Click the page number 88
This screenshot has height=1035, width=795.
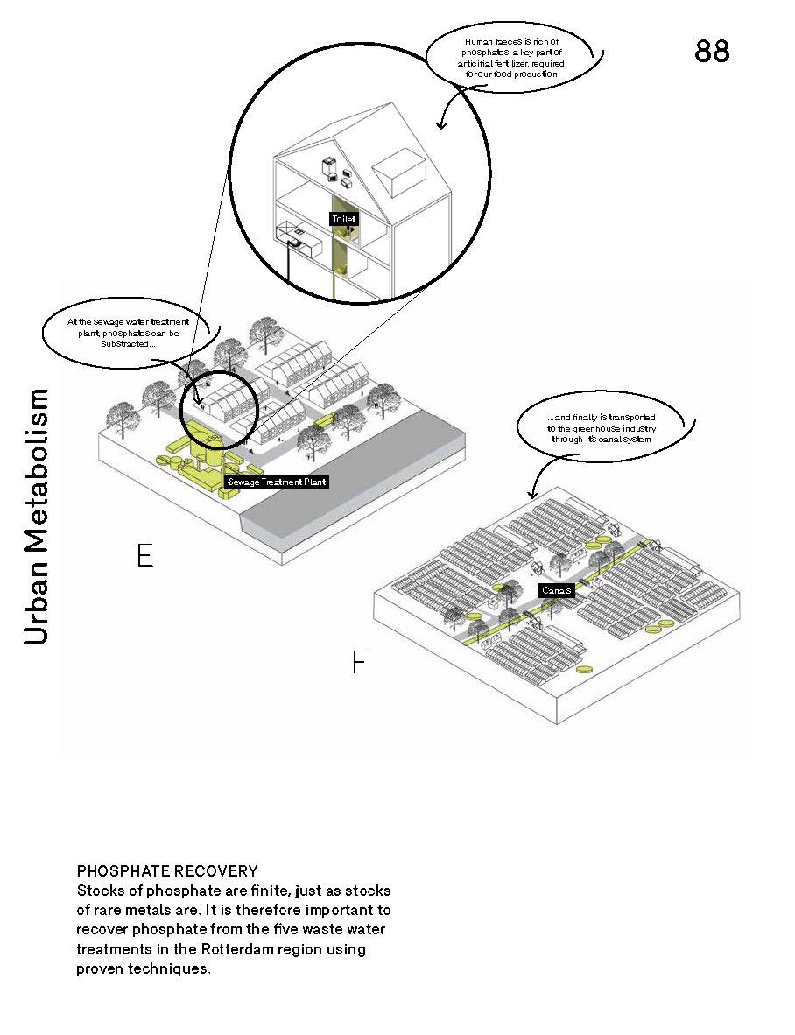[712, 52]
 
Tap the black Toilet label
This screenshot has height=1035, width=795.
[344, 219]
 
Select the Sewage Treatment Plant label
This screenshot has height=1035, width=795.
[277, 482]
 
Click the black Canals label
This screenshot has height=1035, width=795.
[556, 590]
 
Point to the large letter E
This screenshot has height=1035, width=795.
[145, 555]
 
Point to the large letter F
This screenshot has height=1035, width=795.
[358, 663]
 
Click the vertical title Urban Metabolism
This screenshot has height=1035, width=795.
[36, 517]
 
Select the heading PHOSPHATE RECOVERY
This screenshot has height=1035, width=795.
[167, 871]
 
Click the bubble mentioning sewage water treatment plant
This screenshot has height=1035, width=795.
[128, 334]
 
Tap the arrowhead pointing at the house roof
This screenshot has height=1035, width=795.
[441, 125]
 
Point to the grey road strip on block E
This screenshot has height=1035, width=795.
[350, 490]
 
